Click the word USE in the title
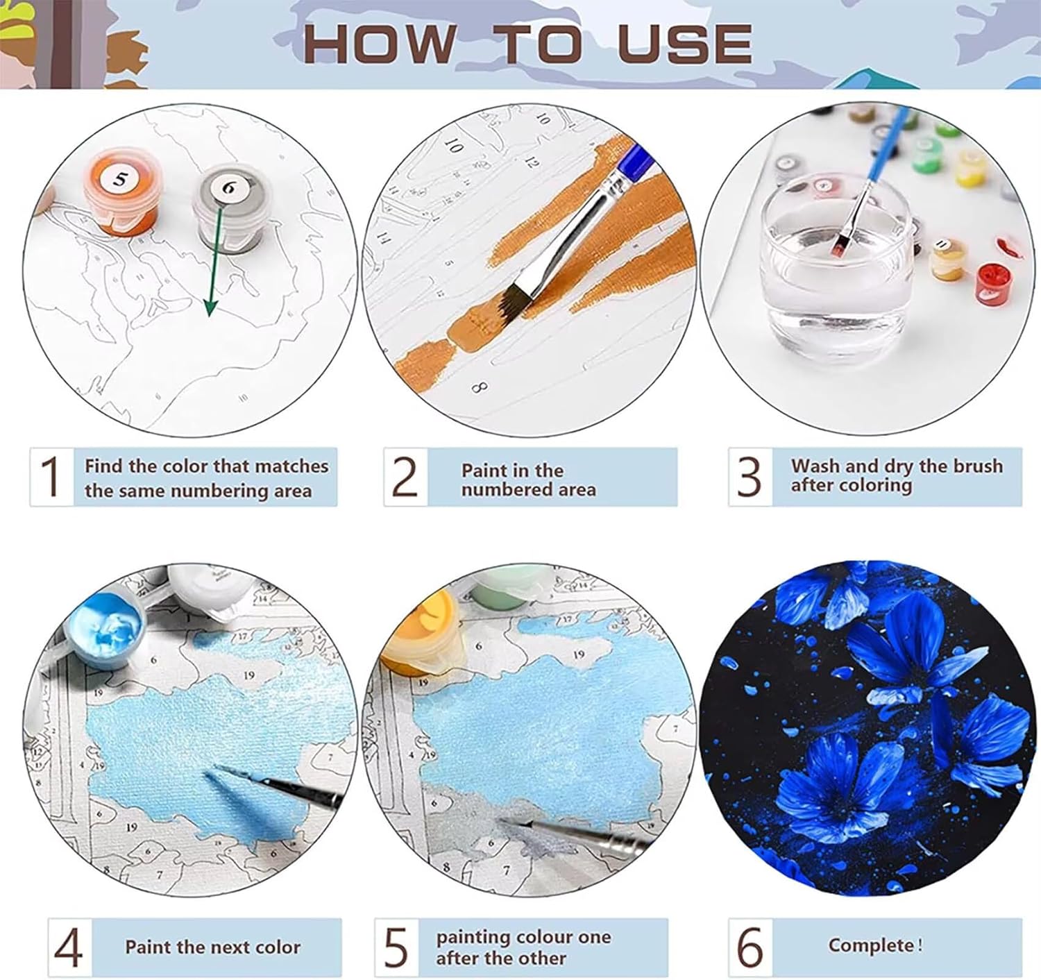pyautogui.click(x=684, y=43)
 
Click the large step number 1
pyautogui.click(x=51, y=476)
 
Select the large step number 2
pyautogui.click(x=405, y=476)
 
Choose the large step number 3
pyautogui.click(x=750, y=476)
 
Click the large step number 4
pyautogui.click(x=69, y=947)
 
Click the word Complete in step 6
pyautogui.click(x=871, y=945)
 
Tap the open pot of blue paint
pyautogui.click(x=107, y=632)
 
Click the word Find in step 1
pyautogui.click(x=104, y=466)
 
